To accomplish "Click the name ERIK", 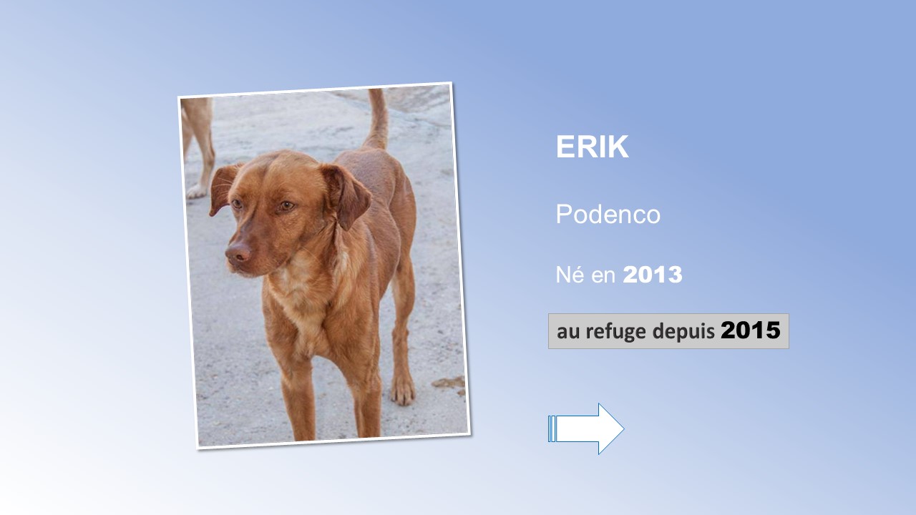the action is coord(592,147).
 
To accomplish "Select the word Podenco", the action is coord(608,214).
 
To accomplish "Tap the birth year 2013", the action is coord(653,275).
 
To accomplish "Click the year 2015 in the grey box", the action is coord(751,330).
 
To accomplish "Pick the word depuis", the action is coord(683,331).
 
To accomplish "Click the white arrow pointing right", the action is coord(586,428).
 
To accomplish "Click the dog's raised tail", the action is coord(377,119).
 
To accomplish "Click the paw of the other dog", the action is coord(196,192).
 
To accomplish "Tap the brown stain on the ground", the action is coord(449,383).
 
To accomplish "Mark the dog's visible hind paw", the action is coord(402,391).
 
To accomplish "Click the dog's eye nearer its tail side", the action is coord(286,205).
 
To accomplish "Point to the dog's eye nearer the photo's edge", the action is coord(236,203).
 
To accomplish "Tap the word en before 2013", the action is coord(603,276).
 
